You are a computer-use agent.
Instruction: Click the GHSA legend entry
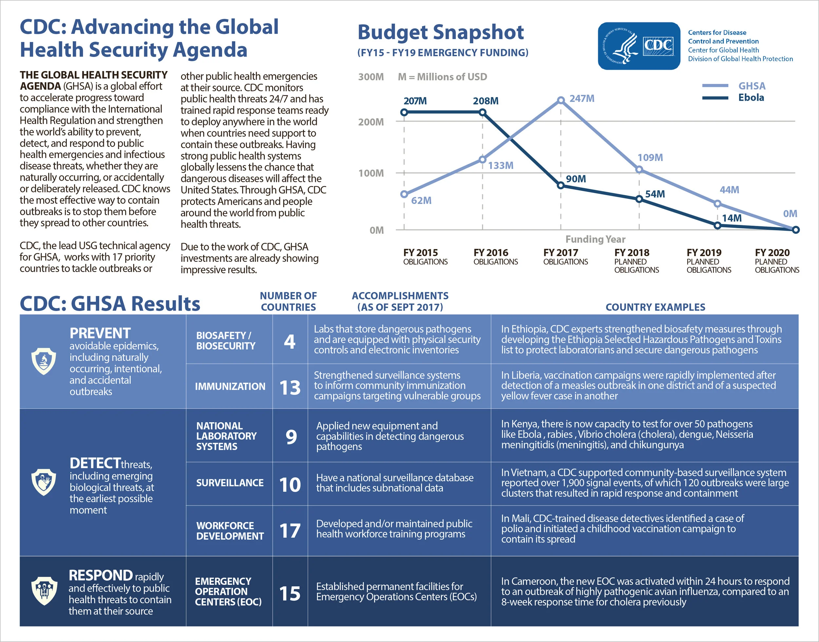tap(751, 86)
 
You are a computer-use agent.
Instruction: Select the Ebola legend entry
tap(751, 98)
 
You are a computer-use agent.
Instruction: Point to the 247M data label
tap(581, 99)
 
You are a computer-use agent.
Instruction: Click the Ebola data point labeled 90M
tap(560, 185)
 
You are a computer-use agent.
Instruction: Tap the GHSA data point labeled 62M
tap(404, 194)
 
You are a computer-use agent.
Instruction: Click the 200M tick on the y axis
tap(371, 122)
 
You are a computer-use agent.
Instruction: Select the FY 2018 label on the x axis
tap(632, 253)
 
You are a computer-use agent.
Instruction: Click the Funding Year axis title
tap(595, 239)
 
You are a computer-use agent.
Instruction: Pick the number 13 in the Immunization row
tap(290, 388)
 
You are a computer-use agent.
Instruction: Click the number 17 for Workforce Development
tap(290, 531)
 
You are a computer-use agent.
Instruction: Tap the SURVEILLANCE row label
tap(229, 483)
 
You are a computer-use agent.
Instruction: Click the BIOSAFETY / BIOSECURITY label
tap(225, 340)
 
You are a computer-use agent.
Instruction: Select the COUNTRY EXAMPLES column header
tap(655, 307)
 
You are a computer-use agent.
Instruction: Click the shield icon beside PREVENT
tap(44, 361)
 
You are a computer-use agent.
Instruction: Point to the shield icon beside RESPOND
tap(44, 591)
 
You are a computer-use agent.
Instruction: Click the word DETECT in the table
tap(95, 463)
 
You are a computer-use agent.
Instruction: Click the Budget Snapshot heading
tap(440, 32)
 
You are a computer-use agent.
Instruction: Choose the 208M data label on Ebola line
tap(486, 101)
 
